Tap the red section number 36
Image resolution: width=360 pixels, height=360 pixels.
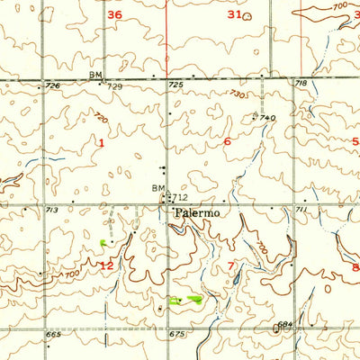[114, 15]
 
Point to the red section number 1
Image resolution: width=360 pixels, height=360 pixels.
[102, 142]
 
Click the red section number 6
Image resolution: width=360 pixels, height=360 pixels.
[227, 141]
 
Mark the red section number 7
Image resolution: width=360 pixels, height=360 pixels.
[231, 266]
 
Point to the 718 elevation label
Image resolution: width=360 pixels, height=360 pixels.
[301, 83]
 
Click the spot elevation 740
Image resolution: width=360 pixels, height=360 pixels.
[267, 118]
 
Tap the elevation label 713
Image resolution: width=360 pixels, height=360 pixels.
[52, 209]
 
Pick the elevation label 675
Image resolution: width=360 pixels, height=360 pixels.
[176, 334]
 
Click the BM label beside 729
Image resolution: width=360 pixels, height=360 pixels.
[95, 75]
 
